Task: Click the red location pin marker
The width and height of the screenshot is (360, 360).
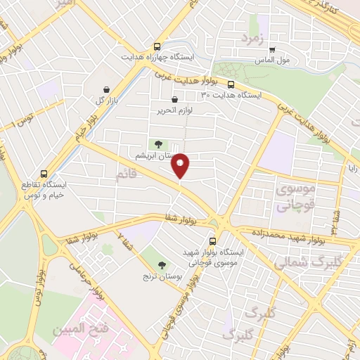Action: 181,165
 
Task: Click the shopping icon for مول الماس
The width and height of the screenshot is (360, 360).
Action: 273,50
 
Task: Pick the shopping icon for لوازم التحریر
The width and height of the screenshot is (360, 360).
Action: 174,100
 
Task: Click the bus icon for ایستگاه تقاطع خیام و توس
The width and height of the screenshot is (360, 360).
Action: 45,174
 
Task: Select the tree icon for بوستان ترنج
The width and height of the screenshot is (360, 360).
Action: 162,265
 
